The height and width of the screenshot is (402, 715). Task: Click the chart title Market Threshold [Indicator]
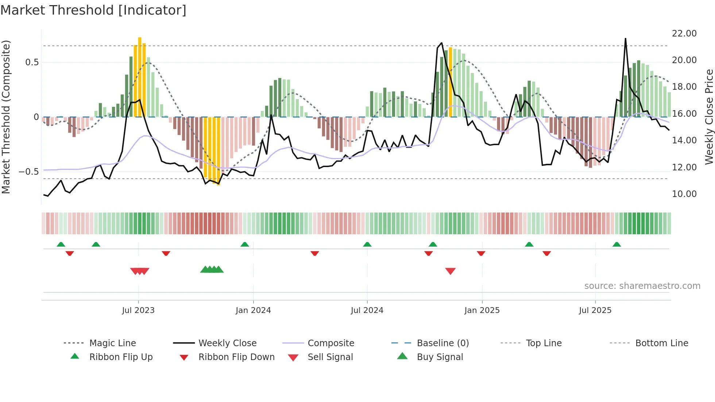pos(93,10)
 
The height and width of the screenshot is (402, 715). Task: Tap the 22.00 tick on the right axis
pos(684,33)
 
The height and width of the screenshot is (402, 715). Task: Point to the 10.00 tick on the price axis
pos(684,194)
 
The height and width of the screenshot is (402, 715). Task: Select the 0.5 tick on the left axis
pos(32,62)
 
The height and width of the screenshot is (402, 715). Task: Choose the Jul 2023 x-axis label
pos(138,310)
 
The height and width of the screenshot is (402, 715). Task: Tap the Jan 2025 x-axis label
pos(482,310)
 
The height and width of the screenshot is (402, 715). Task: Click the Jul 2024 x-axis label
pos(367,310)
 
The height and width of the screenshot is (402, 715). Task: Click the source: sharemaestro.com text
pos(642,286)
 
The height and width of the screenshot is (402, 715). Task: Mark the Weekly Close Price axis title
pos(709,117)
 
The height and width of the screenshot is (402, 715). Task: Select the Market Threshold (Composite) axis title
pos(6,117)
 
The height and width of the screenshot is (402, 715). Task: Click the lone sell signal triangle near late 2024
pos(451,271)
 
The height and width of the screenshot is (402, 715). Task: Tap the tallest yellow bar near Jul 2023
pos(140,77)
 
